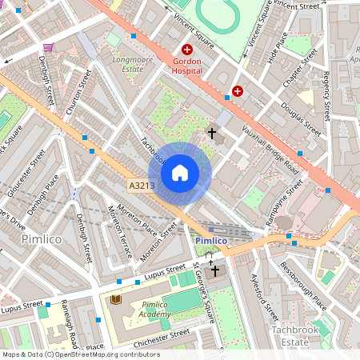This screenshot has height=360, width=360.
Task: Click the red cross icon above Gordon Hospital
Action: coord(186,50)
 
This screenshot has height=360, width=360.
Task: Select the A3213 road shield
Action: coord(141,186)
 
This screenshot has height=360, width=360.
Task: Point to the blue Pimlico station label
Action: coord(211,240)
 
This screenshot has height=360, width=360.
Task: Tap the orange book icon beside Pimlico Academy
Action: coord(116,299)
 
